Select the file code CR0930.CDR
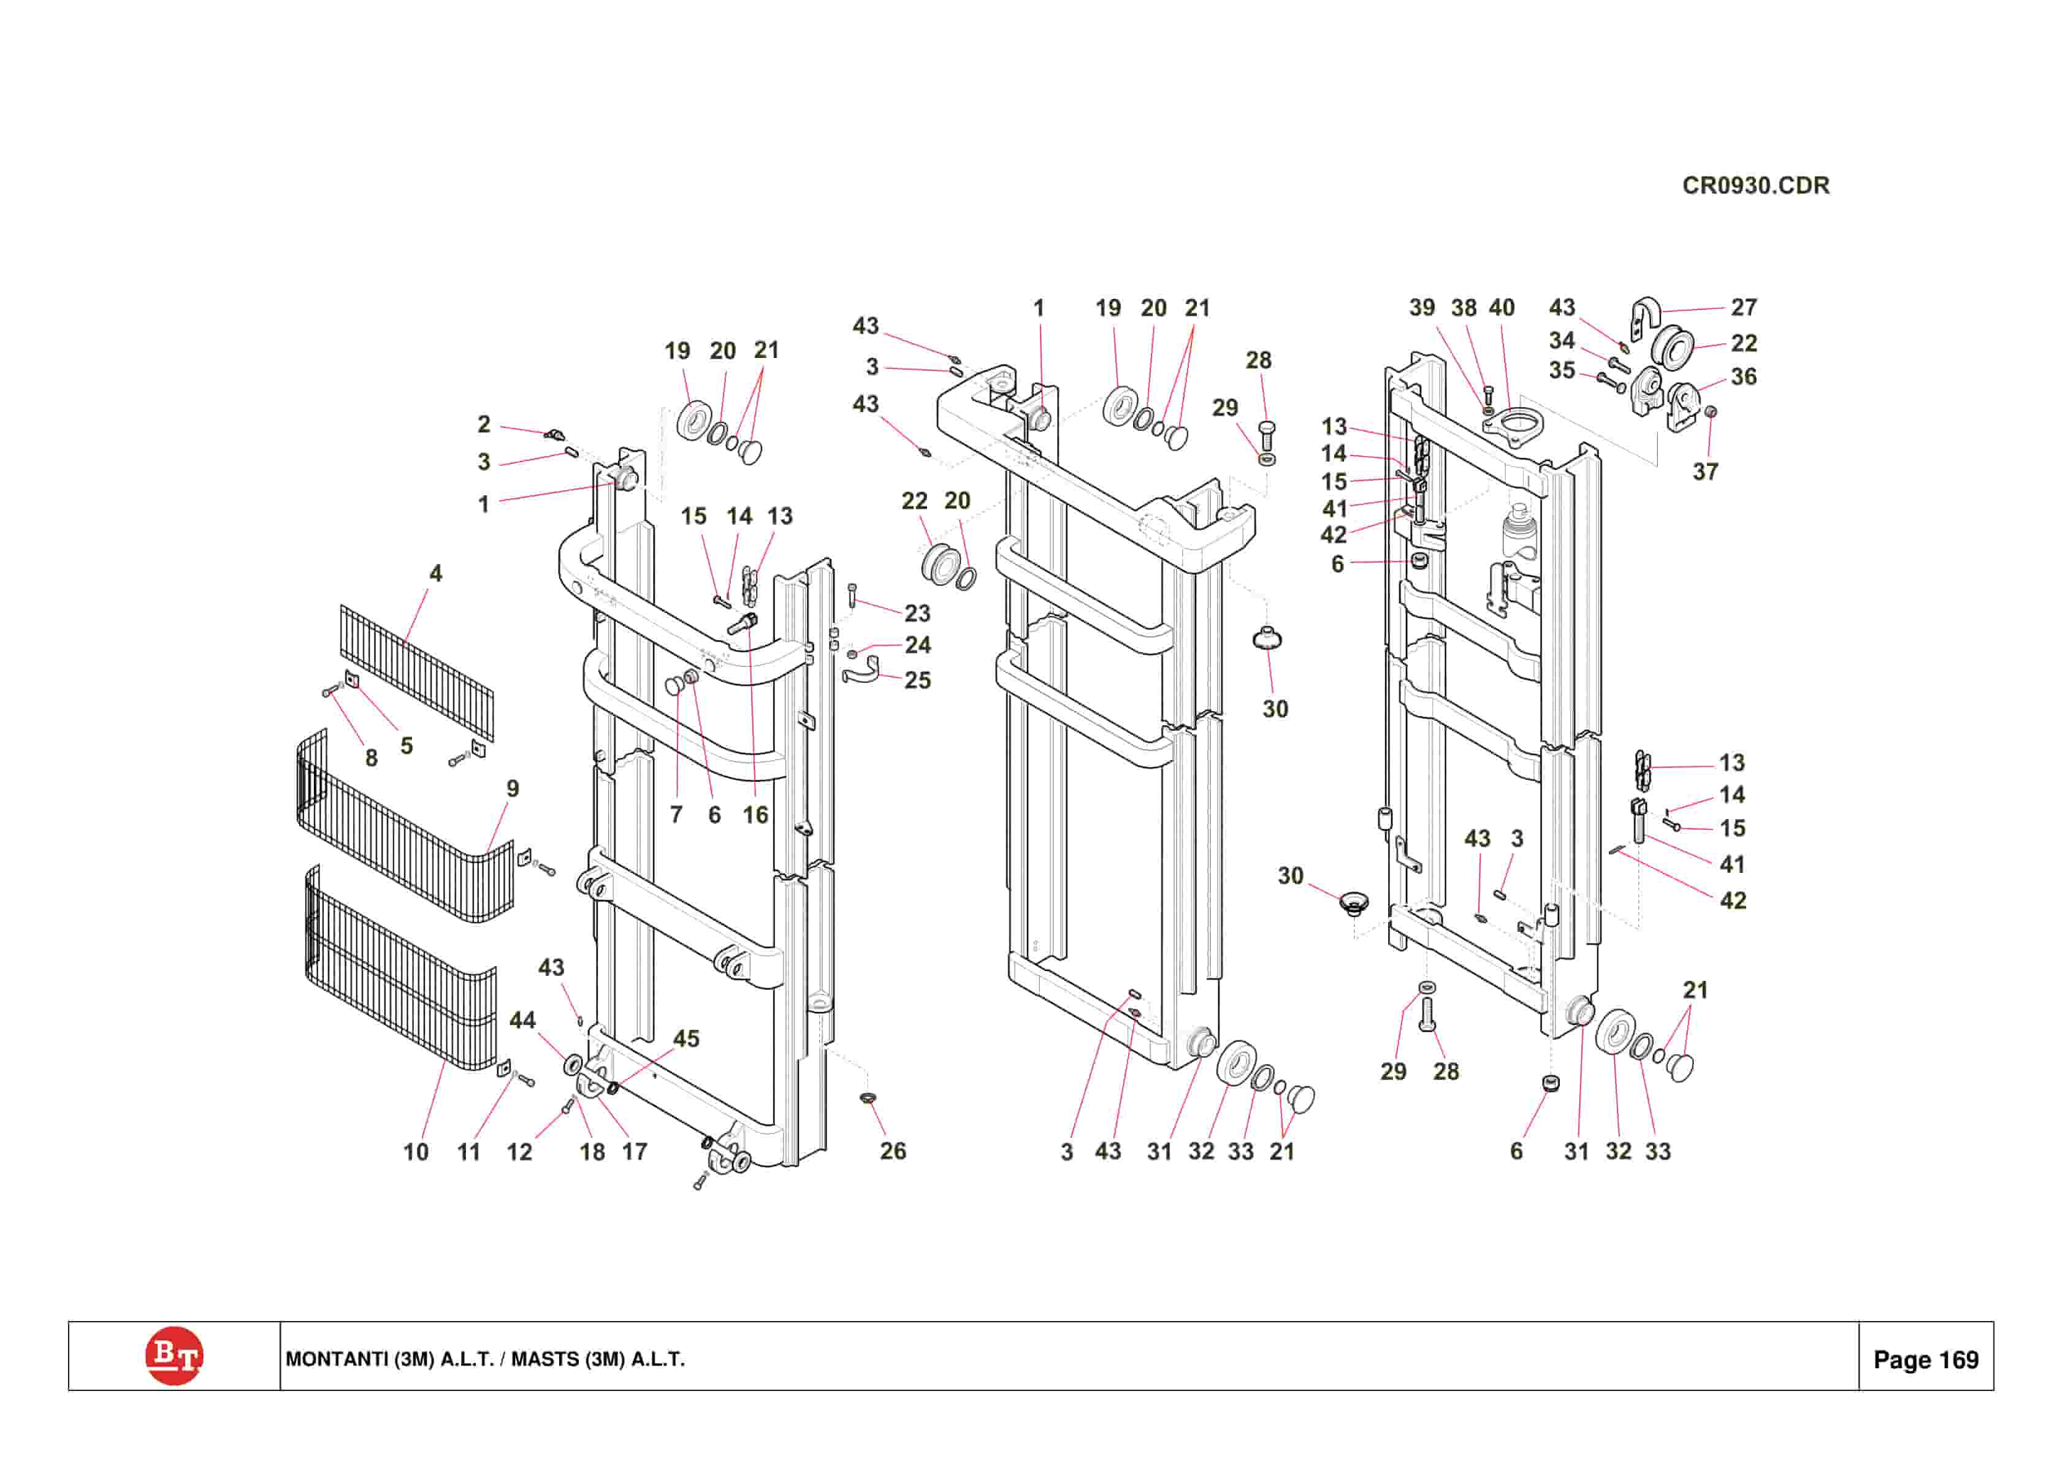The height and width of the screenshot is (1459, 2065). (x=1755, y=185)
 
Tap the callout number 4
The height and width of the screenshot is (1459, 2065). (x=435, y=573)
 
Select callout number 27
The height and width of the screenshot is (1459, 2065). (x=1744, y=308)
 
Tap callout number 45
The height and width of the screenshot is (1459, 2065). (x=686, y=1039)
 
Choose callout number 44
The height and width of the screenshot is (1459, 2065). (x=522, y=1020)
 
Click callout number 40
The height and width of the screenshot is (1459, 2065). (x=1502, y=308)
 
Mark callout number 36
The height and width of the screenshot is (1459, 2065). (x=1744, y=377)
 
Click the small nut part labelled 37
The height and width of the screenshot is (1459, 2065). (x=1711, y=412)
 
